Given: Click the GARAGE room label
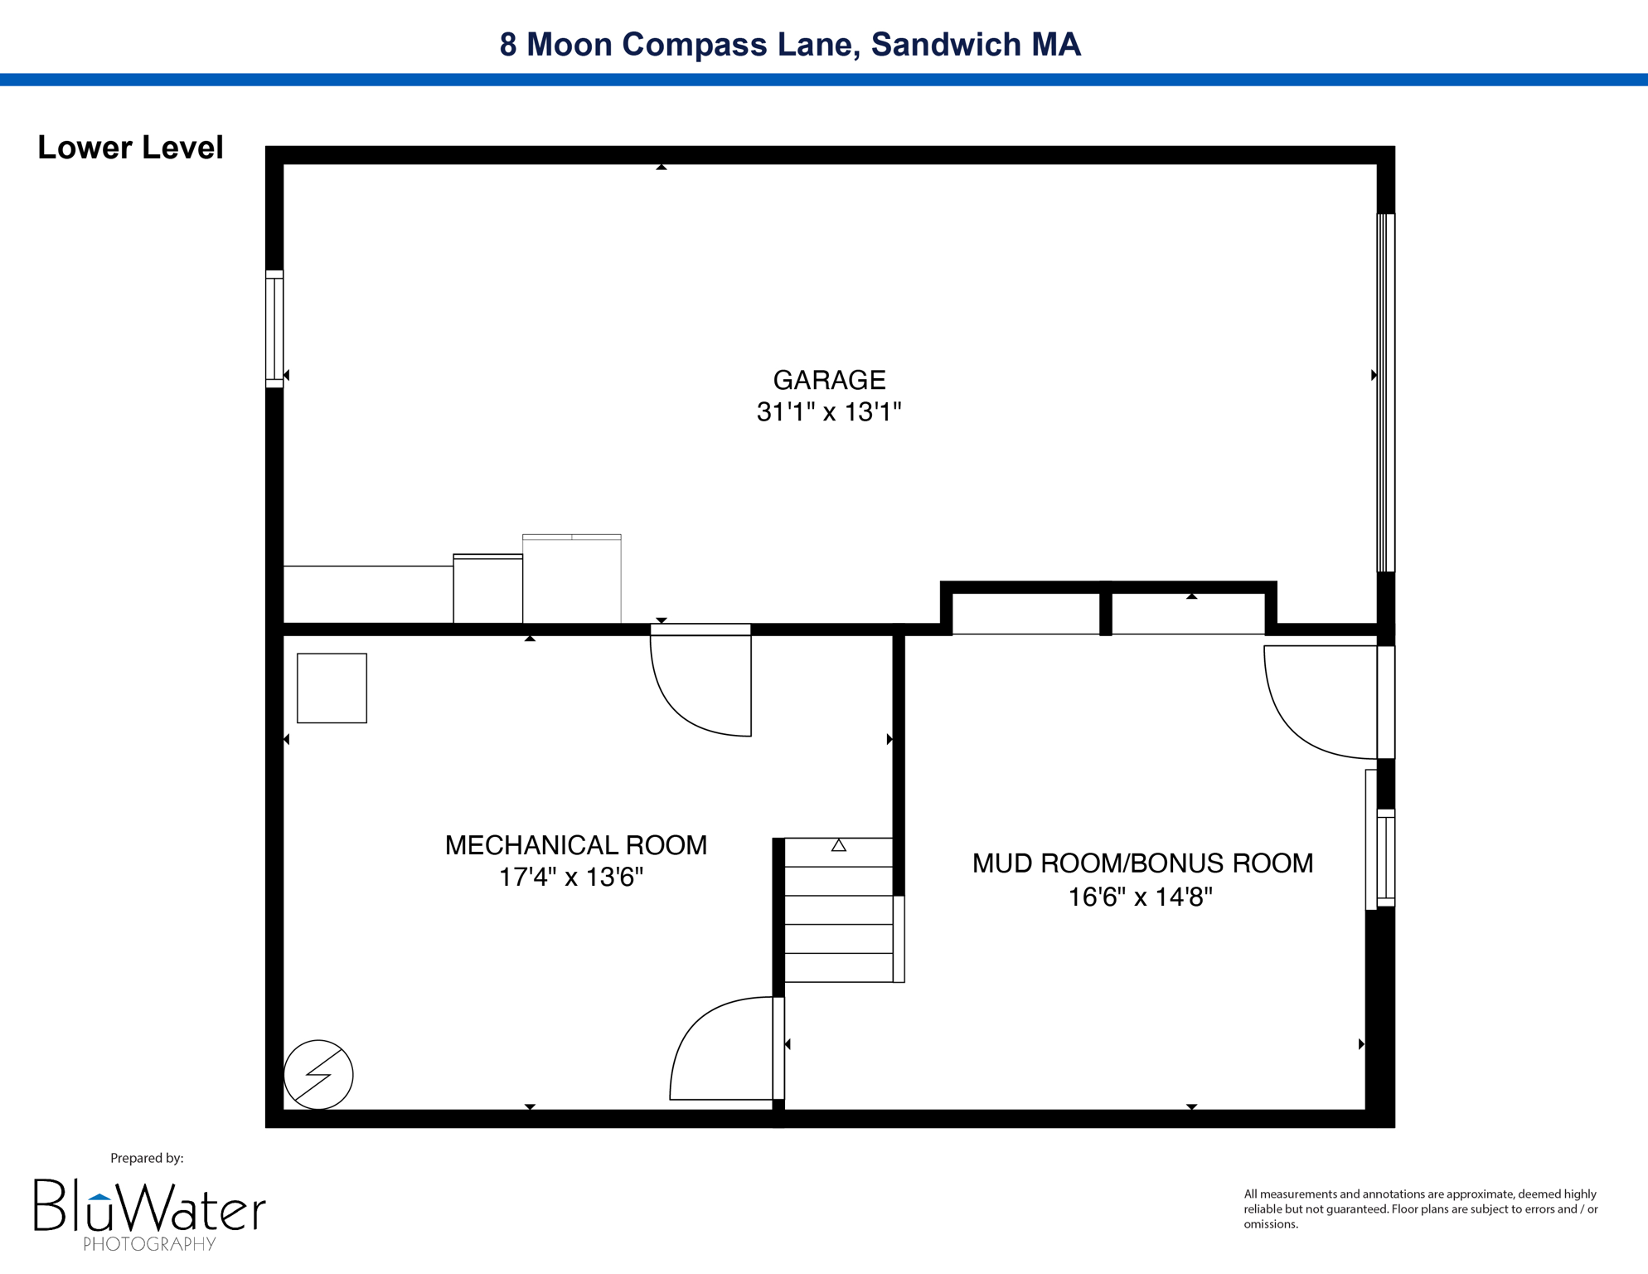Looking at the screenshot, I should pyautogui.click(x=829, y=380).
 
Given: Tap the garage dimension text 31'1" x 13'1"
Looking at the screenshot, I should pyautogui.click(x=829, y=412).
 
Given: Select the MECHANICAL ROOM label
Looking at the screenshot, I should pyautogui.click(x=575, y=845).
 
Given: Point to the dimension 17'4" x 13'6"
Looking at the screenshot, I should pyautogui.click(x=570, y=878).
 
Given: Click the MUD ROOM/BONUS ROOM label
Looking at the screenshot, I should pyautogui.click(x=1142, y=863).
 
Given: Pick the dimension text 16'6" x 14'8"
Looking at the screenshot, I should pyautogui.click(x=1140, y=897).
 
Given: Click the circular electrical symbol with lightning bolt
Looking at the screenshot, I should pyautogui.click(x=318, y=1074).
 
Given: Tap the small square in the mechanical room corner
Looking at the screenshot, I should pyautogui.click(x=332, y=688).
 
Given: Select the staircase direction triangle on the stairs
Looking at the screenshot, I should pyautogui.click(x=839, y=845).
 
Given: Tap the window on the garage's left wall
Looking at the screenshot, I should pyautogui.click(x=274, y=328).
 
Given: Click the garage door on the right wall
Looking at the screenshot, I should pyautogui.click(x=1385, y=392).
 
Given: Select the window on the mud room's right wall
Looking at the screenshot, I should pyautogui.click(x=1385, y=858).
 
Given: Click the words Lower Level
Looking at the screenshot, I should pyautogui.click(x=130, y=148).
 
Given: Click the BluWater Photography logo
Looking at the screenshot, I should pyautogui.click(x=149, y=1213).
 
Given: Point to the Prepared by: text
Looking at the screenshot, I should pyautogui.click(x=147, y=1158).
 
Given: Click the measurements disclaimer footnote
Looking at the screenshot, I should pyautogui.click(x=1420, y=1208).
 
